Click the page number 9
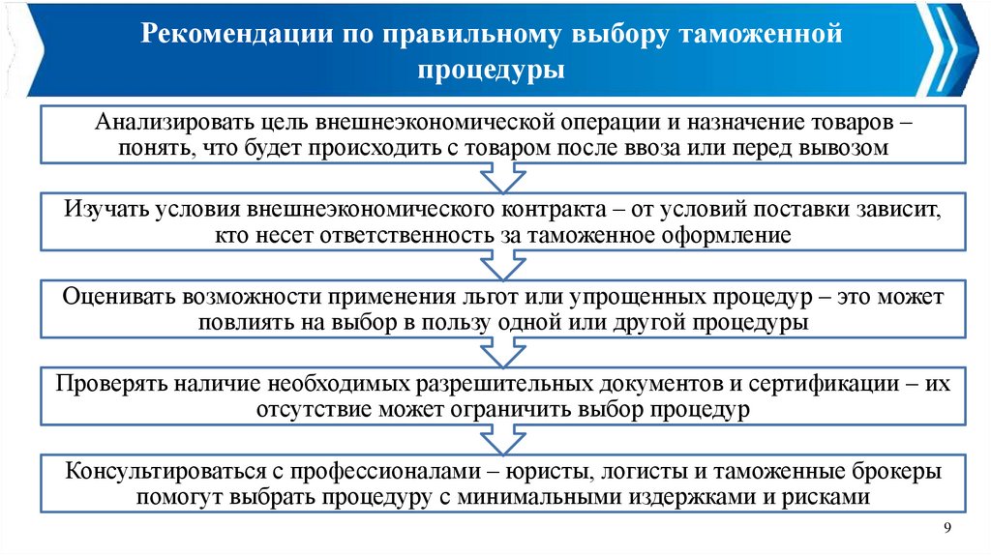point(946,525)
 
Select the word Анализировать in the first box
point(164,126)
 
